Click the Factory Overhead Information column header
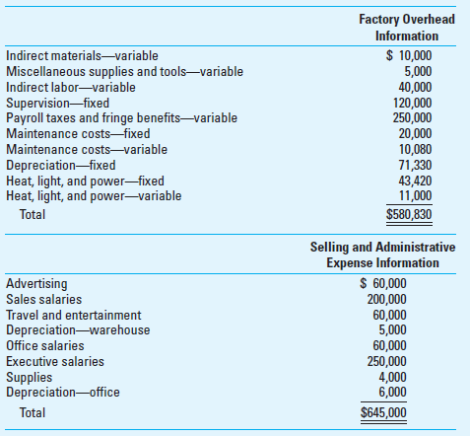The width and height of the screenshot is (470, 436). (406, 29)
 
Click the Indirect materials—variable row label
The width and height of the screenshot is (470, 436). (82, 56)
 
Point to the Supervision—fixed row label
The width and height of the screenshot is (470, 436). (57, 102)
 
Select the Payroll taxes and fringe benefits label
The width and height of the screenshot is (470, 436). (121, 117)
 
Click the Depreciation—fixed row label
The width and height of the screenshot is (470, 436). (61, 165)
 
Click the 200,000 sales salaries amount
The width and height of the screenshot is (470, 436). (385, 300)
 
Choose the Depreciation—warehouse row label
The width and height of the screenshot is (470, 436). (78, 329)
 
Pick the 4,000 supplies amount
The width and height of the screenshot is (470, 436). (391, 377)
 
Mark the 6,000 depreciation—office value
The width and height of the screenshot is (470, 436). (391, 392)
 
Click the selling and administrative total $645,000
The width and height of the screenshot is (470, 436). (382, 412)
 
